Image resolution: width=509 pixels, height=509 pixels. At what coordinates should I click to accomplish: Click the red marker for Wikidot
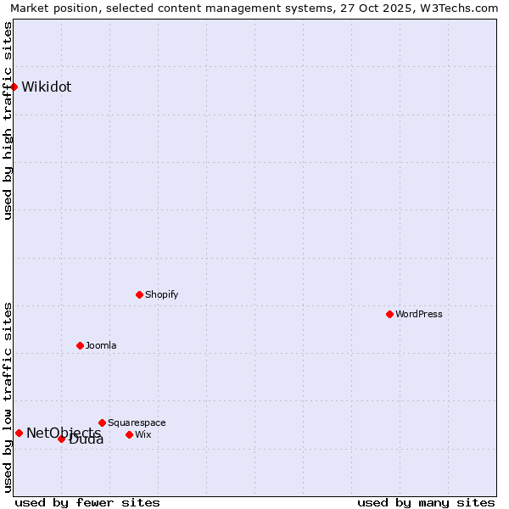[x=14, y=87]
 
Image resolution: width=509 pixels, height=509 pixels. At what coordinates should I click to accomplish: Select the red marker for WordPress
[x=389, y=314]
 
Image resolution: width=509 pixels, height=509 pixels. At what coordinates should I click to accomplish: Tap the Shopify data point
[x=139, y=294]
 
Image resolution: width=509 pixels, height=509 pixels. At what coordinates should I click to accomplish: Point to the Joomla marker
[x=80, y=345]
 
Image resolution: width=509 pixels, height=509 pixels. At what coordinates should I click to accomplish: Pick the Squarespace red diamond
[x=102, y=422]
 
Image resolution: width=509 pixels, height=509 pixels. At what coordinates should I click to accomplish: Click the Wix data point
[x=129, y=434]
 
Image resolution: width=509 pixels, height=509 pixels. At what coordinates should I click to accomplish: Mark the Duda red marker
[x=61, y=439]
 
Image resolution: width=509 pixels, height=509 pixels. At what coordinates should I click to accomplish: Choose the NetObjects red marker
[x=19, y=433]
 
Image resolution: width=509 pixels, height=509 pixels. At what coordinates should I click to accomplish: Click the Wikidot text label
[x=47, y=87]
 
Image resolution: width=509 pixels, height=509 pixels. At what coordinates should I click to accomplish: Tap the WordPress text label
[x=419, y=314]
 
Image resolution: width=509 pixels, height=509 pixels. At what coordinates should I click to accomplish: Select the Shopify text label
[x=161, y=294]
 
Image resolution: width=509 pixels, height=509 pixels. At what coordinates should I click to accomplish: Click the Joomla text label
[x=101, y=345]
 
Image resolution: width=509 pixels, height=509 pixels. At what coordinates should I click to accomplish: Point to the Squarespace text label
[x=137, y=422]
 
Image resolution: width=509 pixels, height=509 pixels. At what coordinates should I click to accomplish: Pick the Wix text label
[x=143, y=434]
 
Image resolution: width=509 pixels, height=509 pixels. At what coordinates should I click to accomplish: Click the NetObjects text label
[x=63, y=433]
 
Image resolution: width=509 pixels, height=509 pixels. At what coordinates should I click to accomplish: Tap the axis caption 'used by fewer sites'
[x=87, y=502]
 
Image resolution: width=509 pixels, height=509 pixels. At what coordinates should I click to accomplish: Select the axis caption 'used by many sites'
[x=426, y=502]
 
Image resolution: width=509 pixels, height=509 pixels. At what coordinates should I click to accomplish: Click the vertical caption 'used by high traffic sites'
[x=8, y=120]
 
